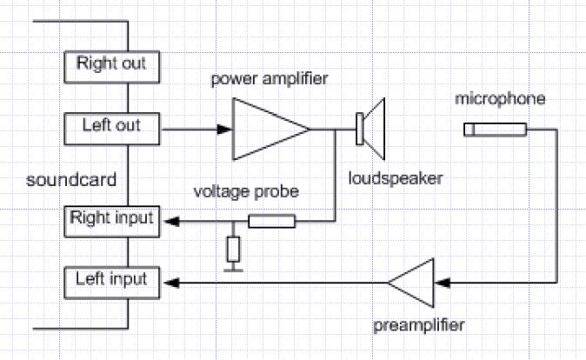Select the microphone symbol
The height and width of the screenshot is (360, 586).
point(495,130)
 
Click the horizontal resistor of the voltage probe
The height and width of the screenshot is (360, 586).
point(271,222)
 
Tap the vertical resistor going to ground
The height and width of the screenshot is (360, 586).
point(232,250)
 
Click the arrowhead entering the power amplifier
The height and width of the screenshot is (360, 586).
point(225,130)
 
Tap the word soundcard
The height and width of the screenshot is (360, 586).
point(65,181)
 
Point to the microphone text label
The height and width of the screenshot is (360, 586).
point(500,98)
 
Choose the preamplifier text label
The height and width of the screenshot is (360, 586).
point(419,324)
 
